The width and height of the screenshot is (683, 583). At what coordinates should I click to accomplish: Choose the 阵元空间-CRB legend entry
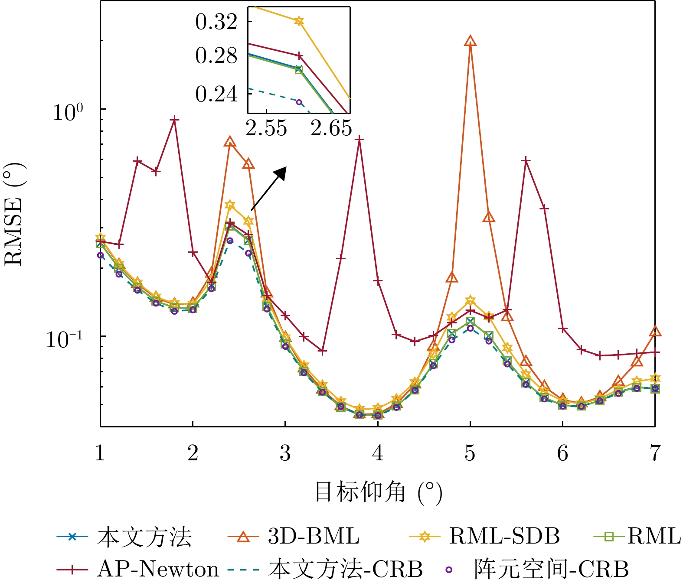point(551,569)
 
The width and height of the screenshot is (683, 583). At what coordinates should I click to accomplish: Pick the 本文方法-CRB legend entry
point(345,569)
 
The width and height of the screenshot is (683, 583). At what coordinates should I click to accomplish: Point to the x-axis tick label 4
point(378,453)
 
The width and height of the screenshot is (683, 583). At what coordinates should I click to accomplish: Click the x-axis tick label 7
point(655,453)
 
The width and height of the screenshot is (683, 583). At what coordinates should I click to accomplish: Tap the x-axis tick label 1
point(101,453)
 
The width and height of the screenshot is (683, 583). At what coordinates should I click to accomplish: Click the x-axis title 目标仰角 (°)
point(378,492)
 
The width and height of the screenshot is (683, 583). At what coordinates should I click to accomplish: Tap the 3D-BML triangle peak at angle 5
point(470,41)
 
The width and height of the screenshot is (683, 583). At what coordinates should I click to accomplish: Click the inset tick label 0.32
point(216,22)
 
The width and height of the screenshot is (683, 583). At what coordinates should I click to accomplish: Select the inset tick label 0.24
point(216,94)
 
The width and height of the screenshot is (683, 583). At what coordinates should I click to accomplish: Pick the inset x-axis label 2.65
point(330,128)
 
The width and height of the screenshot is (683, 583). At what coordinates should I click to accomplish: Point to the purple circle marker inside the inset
point(299,102)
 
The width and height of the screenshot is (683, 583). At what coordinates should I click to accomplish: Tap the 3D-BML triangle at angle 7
point(655,332)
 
